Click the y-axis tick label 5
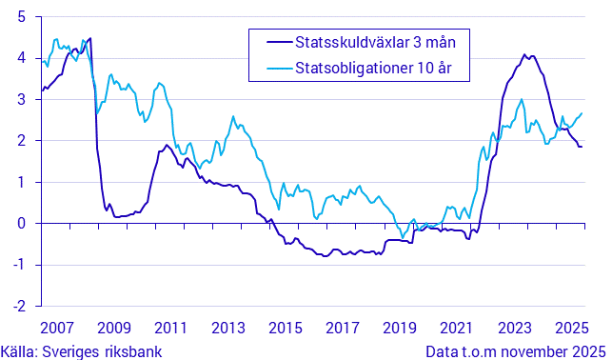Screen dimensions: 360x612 pyautogui.click(x=21, y=16)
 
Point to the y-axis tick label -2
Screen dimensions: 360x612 pyautogui.click(x=18, y=307)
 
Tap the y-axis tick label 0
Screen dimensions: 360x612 pyautogui.click(x=21, y=224)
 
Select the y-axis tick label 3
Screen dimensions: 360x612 pyautogui.click(x=21, y=99)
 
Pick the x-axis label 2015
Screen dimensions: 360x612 pyautogui.click(x=285, y=329)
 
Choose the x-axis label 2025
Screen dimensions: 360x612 pyautogui.click(x=571, y=329)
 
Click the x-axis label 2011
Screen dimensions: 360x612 pyautogui.click(x=170, y=329)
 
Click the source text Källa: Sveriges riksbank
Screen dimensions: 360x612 pyautogui.click(x=79, y=350)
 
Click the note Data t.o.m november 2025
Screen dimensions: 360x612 pyautogui.click(x=515, y=350)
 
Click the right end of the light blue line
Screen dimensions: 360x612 pyautogui.click(x=582, y=113)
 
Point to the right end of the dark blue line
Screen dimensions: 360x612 pyautogui.click(x=582, y=146)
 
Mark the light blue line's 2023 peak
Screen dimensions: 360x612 pyautogui.click(x=521, y=99)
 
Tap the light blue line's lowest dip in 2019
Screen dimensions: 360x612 pyautogui.click(x=403, y=237)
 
